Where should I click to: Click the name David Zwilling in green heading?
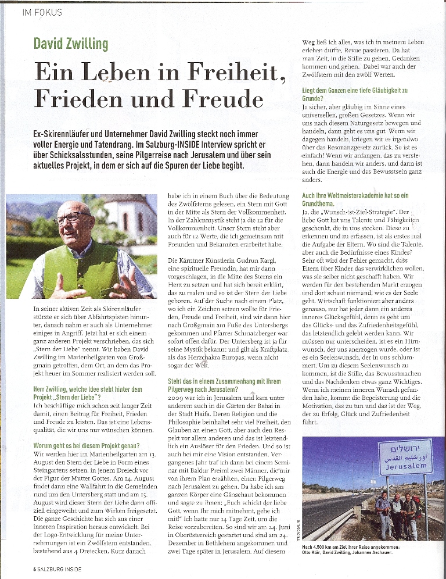(71, 44)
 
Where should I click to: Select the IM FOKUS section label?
(42, 12)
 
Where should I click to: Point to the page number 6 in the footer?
(34, 569)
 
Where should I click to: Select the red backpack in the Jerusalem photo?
(418, 505)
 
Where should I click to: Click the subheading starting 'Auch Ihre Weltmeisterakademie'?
(355, 200)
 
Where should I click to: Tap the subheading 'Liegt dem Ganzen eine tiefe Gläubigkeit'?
(355, 95)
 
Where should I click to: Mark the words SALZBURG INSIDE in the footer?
(60, 569)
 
